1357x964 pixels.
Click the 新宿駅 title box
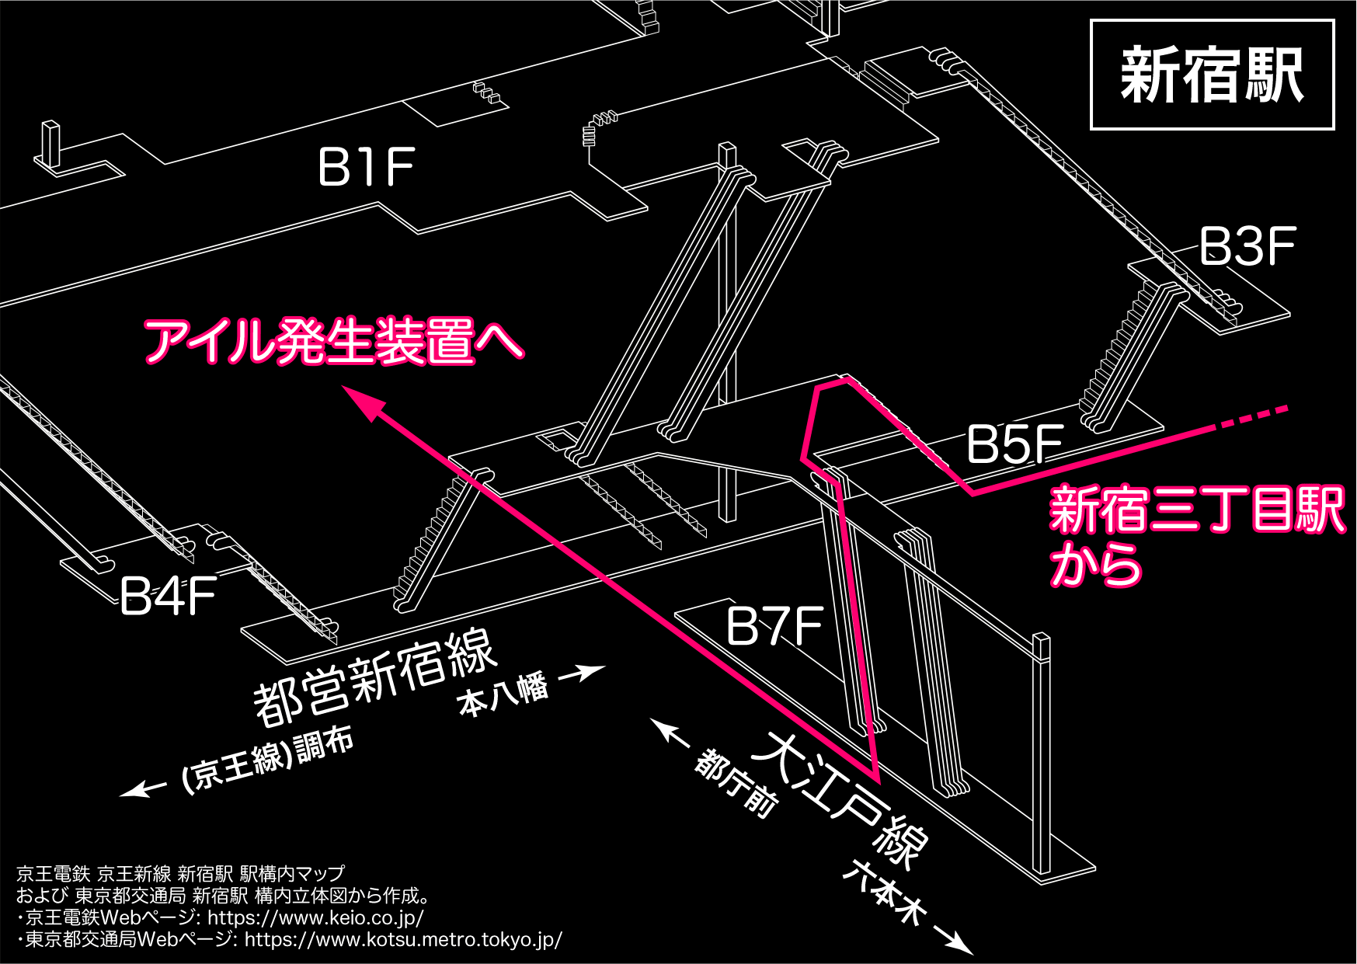(x=1212, y=75)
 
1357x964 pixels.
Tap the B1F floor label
(x=366, y=167)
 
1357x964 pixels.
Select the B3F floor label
(x=1247, y=247)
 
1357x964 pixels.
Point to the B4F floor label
(x=168, y=597)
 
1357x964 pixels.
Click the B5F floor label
(x=1014, y=445)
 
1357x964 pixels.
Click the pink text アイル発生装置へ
(x=334, y=341)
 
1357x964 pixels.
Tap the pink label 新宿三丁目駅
(x=1196, y=510)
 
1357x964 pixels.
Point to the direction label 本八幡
(x=503, y=694)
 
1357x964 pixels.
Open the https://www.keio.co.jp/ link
(x=315, y=917)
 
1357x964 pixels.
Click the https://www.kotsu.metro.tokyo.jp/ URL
(x=403, y=939)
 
